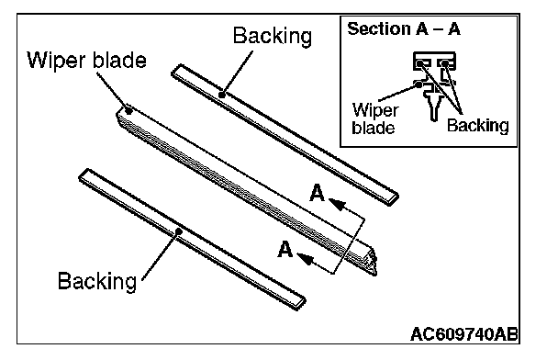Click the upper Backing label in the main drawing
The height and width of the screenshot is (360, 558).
273,37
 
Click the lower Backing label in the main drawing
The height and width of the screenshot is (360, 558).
97,281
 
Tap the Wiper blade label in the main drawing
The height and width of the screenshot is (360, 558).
86,61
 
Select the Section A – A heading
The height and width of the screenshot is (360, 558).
404,28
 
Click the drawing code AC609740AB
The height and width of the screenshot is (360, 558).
463,334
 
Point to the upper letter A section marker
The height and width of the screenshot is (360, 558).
317,193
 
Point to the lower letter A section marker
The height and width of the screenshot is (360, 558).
285,249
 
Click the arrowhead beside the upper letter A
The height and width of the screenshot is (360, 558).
338,205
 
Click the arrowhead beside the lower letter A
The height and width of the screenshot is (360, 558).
306,259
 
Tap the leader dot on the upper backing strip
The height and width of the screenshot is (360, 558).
222,96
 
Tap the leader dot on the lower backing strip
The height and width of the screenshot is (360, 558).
179,231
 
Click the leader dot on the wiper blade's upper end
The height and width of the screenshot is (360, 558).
129,111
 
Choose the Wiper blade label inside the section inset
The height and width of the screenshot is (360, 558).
374,118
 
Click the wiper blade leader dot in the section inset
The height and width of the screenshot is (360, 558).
418,84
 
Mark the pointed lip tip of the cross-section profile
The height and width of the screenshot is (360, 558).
434,119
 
